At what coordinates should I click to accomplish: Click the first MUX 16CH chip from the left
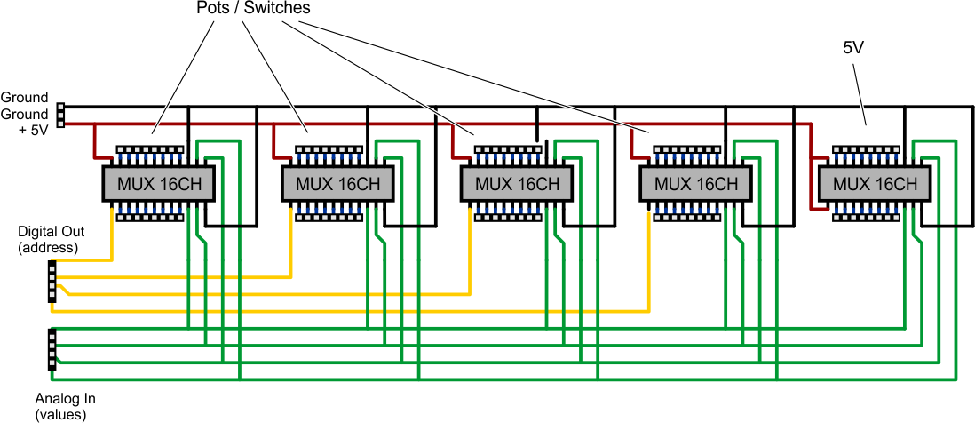(155, 184)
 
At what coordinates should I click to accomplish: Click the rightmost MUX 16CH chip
(875, 184)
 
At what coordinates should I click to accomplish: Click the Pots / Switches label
(252, 9)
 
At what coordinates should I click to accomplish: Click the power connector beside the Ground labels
(60, 116)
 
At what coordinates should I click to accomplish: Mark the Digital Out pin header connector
(52, 282)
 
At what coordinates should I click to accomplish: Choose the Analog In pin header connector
(52, 349)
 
